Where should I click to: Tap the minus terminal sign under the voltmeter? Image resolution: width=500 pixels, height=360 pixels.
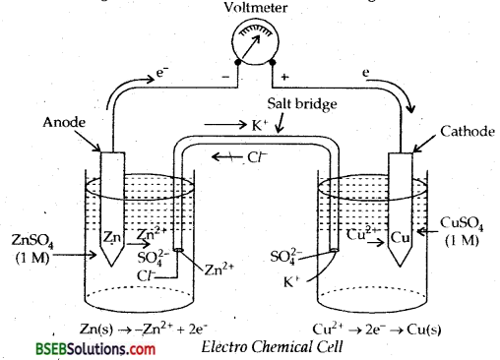pyautogui.click(x=226, y=76)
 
